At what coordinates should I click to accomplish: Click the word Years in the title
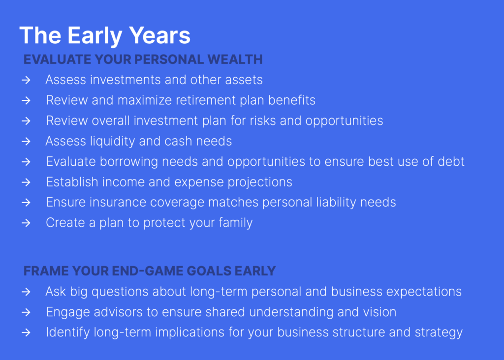(x=160, y=35)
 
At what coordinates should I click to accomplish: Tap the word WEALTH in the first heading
(x=235, y=60)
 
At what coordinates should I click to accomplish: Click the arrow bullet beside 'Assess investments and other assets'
(x=26, y=80)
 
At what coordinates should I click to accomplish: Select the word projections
(x=260, y=182)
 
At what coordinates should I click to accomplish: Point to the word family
(x=236, y=223)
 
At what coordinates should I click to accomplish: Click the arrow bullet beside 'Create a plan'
(x=26, y=223)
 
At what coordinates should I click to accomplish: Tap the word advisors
(x=118, y=312)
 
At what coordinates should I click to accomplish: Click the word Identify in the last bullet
(x=68, y=332)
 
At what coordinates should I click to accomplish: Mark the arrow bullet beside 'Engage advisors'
(x=26, y=312)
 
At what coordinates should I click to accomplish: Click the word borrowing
(x=129, y=162)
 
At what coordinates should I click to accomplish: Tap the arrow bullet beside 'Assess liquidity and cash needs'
(x=26, y=141)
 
